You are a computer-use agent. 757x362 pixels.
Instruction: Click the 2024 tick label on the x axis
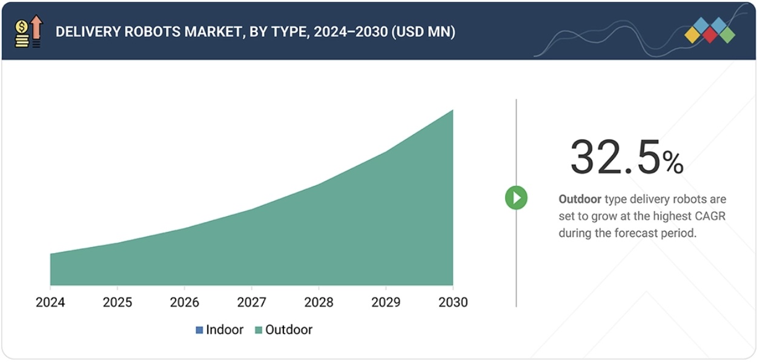(x=50, y=302)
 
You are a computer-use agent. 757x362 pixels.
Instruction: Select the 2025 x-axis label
(x=117, y=302)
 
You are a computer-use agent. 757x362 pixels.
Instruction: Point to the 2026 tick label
(x=185, y=302)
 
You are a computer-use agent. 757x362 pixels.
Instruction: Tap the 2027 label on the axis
(x=252, y=302)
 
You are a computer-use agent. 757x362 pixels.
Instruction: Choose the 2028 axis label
(x=319, y=302)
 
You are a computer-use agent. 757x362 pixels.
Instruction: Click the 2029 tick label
(x=386, y=302)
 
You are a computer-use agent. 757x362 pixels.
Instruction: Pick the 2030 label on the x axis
(x=452, y=302)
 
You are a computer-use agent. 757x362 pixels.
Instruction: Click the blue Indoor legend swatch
(x=199, y=331)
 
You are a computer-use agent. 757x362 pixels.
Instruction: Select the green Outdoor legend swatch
(x=259, y=331)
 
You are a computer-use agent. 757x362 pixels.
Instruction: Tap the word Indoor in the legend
(x=225, y=330)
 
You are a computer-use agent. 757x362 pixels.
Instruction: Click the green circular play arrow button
(x=516, y=197)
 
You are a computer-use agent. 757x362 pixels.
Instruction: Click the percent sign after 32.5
(x=673, y=162)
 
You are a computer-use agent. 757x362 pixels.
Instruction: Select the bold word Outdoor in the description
(x=580, y=199)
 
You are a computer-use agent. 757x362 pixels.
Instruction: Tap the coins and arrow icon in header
(x=28, y=32)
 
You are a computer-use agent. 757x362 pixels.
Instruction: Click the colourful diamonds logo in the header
(x=710, y=30)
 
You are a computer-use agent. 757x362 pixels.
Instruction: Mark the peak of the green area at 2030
(x=452, y=110)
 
